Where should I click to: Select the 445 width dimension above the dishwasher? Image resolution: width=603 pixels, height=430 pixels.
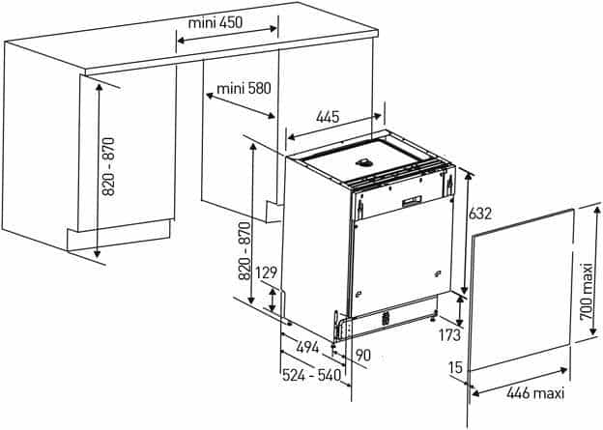(328, 117)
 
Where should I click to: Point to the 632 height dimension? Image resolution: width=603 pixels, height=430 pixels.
(480, 214)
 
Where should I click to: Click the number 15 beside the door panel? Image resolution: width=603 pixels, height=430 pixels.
(454, 367)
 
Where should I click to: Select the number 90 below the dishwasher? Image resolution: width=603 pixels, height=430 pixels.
(362, 355)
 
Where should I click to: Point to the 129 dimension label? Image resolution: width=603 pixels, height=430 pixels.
(267, 273)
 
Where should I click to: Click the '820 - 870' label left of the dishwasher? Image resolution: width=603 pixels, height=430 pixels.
(244, 252)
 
